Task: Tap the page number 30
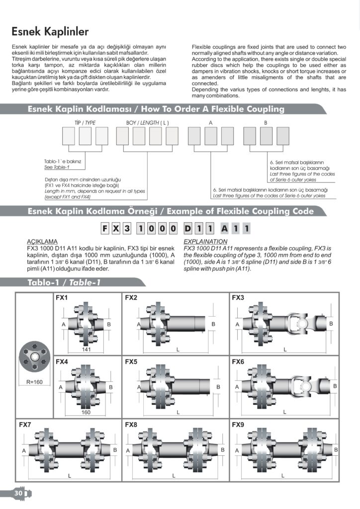18,494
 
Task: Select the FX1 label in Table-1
61,298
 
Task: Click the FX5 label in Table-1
131,362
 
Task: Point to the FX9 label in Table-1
238,425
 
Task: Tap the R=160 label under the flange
34,383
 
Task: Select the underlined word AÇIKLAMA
41,241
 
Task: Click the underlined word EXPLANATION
205,241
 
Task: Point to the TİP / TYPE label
85,122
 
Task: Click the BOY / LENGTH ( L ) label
147,122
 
